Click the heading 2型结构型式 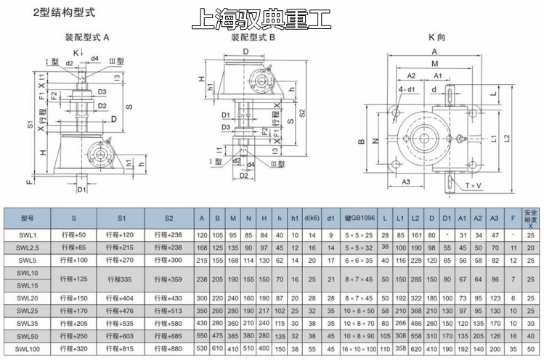coord(64,13)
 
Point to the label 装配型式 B coord(253,36)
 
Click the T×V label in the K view coord(474,187)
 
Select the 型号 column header coord(27,216)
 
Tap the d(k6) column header coord(311,216)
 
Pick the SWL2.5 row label coord(27,247)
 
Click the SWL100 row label coord(27,348)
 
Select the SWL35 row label coord(27,323)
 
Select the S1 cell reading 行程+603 coord(121,336)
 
